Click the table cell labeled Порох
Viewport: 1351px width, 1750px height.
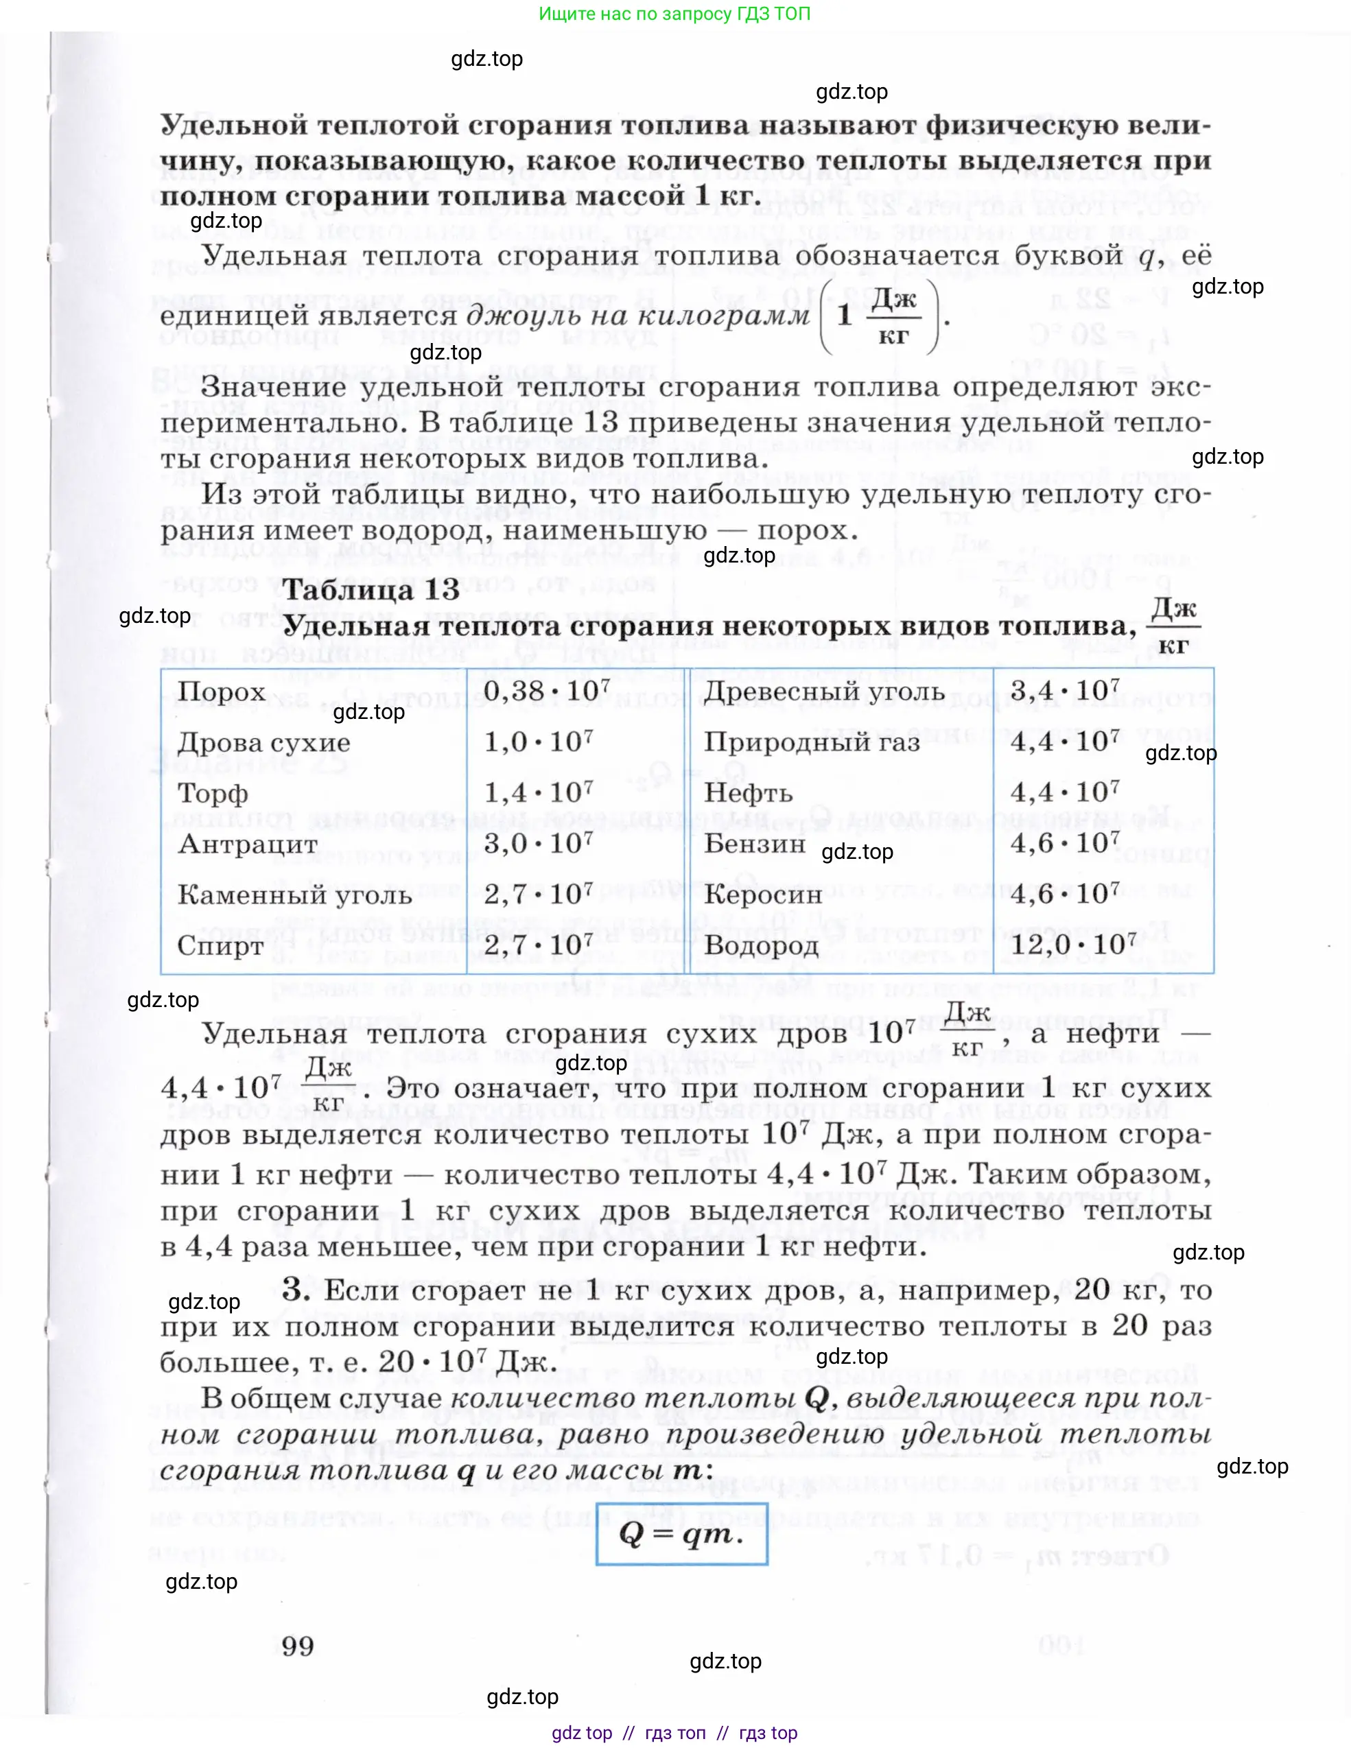point(221,691)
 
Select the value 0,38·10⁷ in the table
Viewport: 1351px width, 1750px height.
point(546,691)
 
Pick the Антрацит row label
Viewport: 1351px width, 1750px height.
point(248,844)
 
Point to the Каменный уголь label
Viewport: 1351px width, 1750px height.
point(294,895)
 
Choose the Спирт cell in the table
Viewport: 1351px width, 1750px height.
point(220,945)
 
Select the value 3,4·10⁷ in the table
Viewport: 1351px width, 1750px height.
point(1064,691)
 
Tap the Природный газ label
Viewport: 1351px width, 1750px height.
point(811,742)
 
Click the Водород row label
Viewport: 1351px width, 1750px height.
point(761,945)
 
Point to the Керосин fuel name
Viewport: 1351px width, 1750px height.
point(763,895)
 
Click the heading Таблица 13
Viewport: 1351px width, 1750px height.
point(371,590)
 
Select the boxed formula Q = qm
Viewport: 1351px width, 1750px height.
point(681,1534)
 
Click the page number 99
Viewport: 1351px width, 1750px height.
point(297,1646)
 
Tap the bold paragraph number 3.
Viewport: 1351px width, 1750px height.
point(295,1288)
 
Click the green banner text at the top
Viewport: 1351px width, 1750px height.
point(674,14)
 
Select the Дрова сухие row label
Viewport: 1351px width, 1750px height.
point(263,742)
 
